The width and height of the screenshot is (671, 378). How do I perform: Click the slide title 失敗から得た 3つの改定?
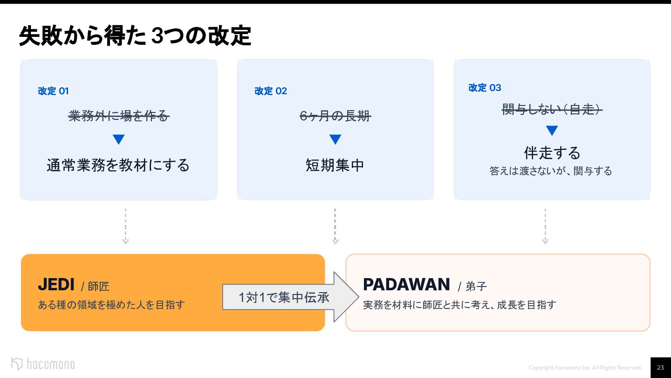tap(135, 36)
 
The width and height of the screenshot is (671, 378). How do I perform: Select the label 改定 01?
tap(53, 91)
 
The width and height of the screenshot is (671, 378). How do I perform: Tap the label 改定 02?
tap(270, 91)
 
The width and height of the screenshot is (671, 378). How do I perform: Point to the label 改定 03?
tap(485, 88)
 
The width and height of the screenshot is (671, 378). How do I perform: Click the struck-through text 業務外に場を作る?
tap(119, 116)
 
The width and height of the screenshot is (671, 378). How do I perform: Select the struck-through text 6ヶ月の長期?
tap(335, 116)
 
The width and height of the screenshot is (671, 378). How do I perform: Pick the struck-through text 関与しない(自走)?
tap(552, 109)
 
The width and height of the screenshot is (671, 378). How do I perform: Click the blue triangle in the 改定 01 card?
tap(119, 139)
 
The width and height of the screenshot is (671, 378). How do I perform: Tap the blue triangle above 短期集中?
tap(335, 139)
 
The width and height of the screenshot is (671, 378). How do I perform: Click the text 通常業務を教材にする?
tap(118, 165)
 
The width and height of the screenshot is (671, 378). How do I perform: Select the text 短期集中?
tap(335, 165)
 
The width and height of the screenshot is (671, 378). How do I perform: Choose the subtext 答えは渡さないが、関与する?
tap(551, 171)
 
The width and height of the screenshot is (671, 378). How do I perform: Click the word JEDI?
tap(56, 284)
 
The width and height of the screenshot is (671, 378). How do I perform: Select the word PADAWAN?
tap(406, 284)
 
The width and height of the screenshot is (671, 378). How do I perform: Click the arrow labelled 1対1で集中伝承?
tap(291, 297)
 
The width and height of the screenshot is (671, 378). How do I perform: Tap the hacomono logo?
tap(43, 364)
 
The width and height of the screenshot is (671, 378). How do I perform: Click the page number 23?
tap(661, 368)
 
